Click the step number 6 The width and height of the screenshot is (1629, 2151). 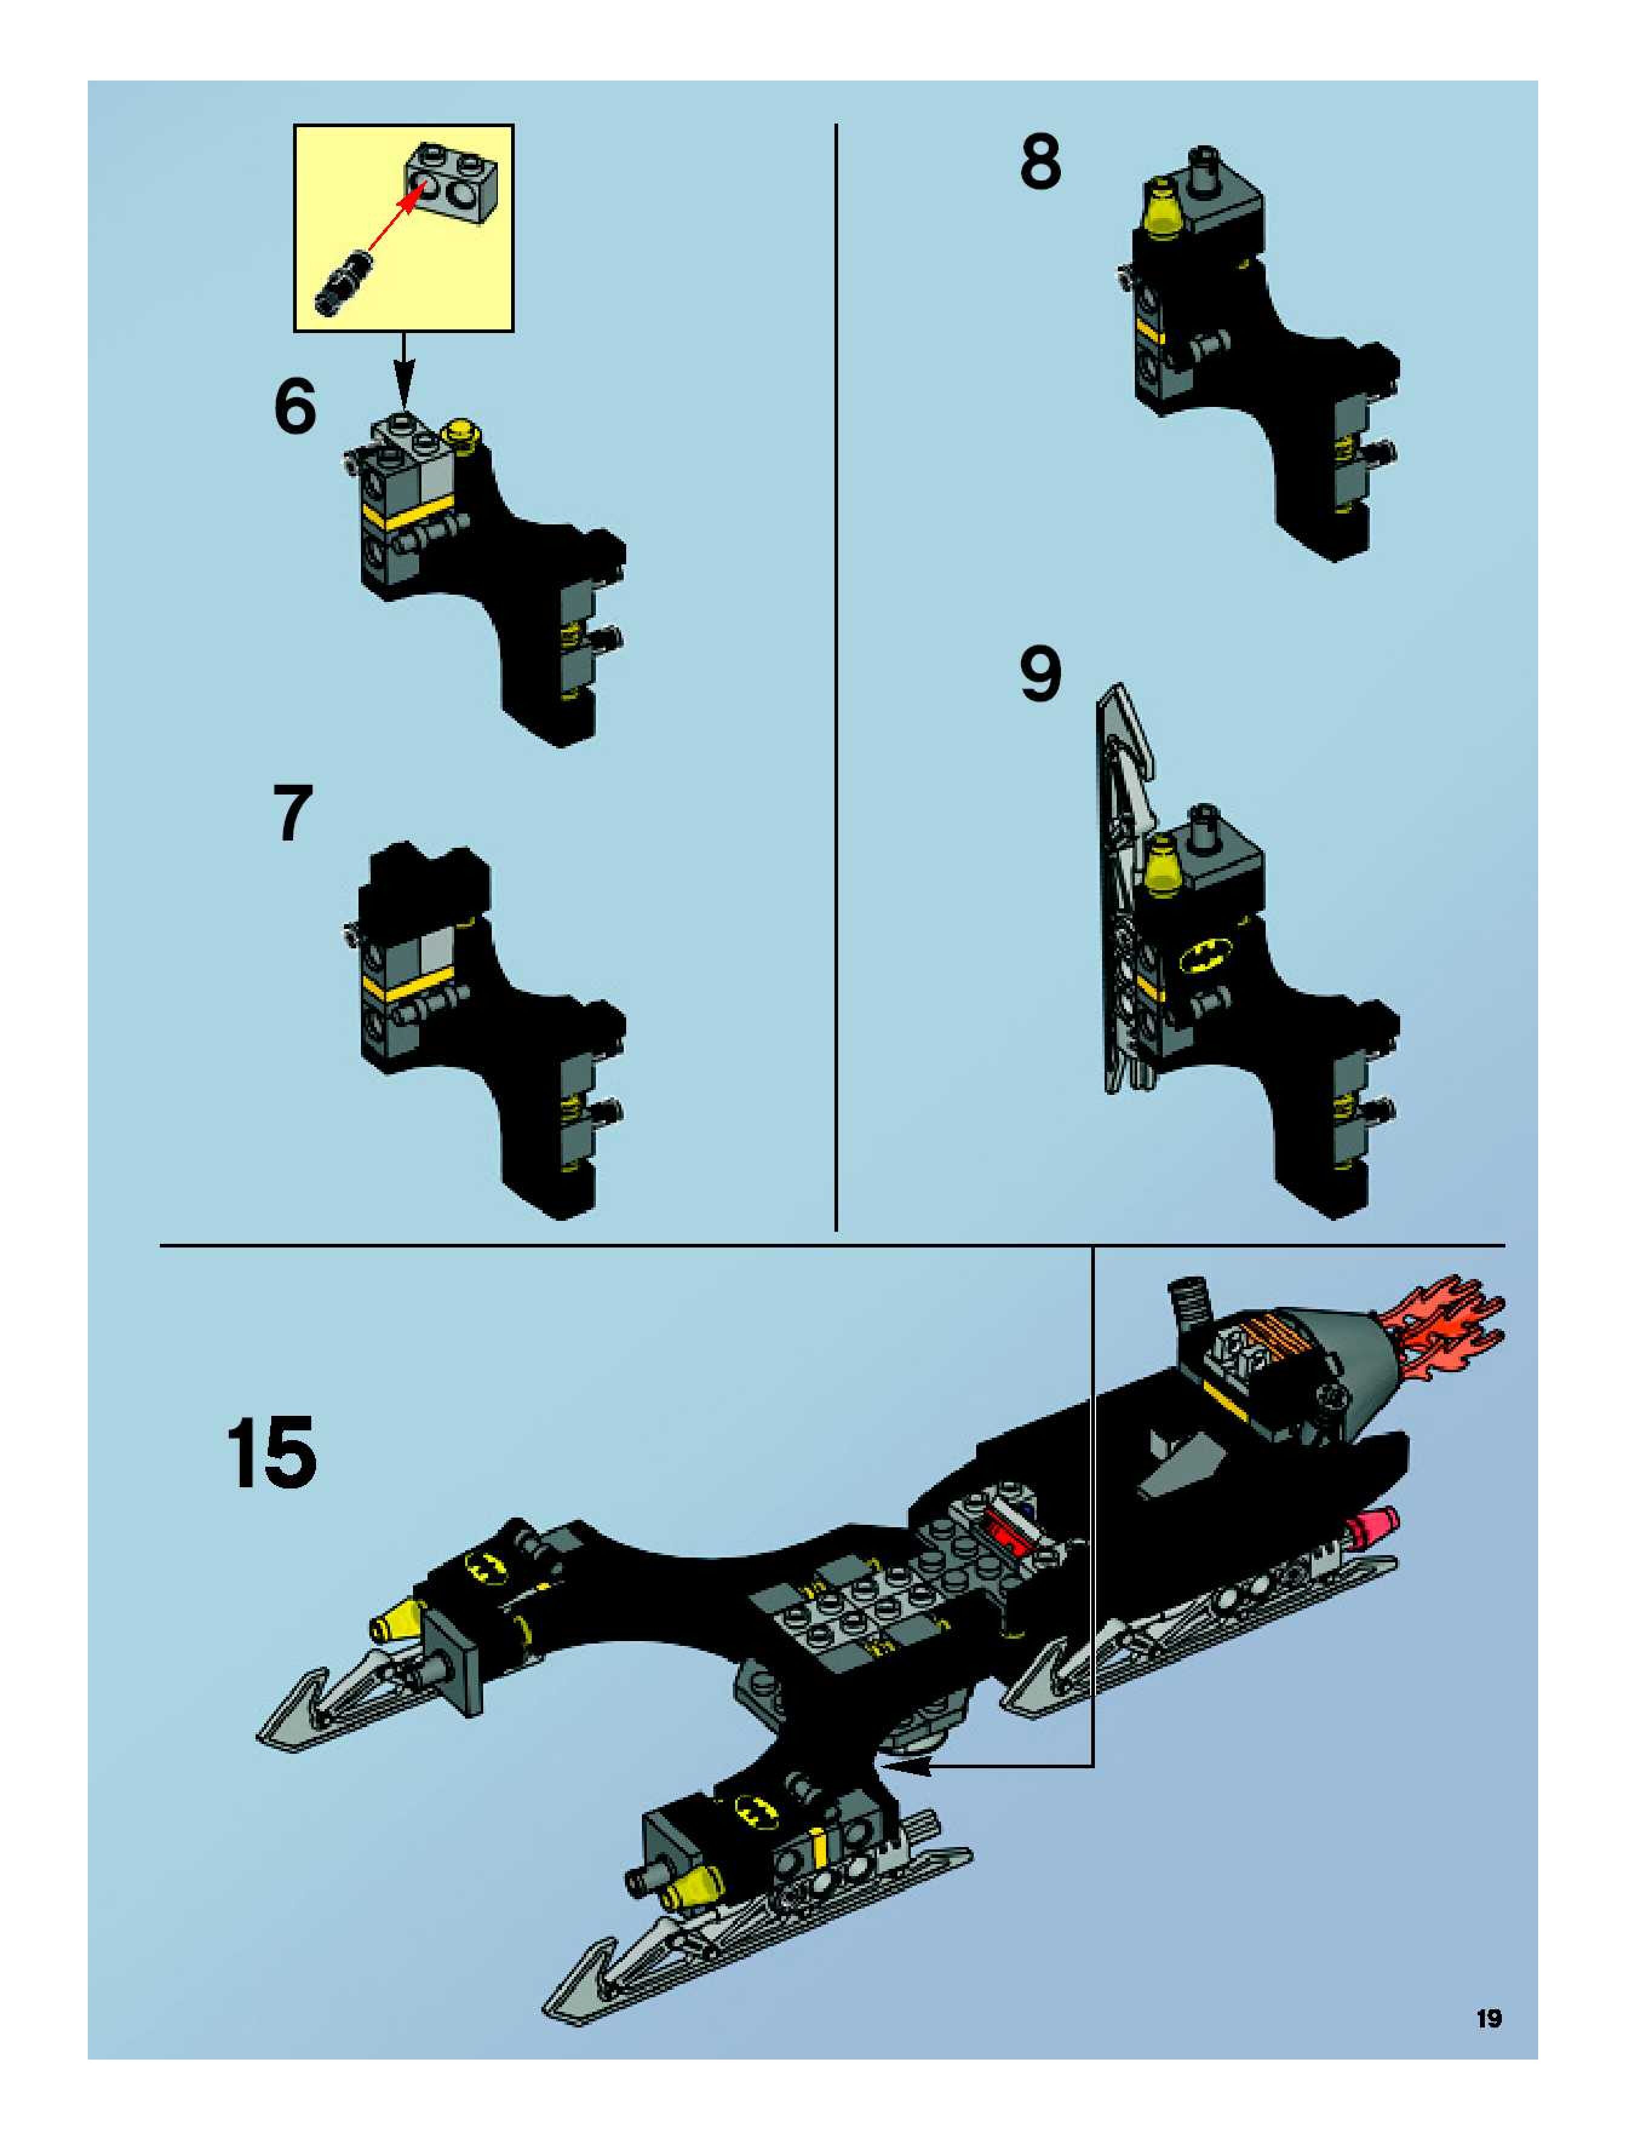[x=296, y=406]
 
